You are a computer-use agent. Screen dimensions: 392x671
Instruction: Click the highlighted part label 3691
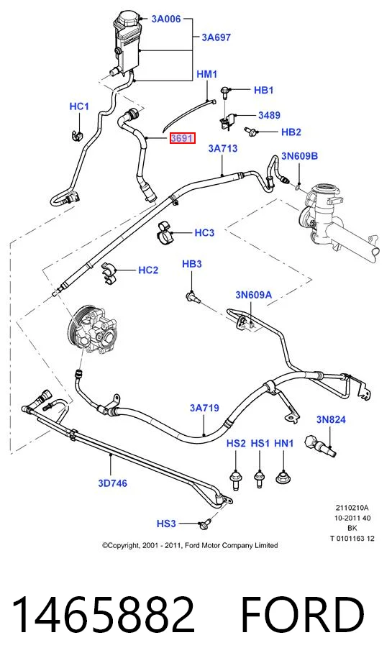pyautogui.click(x=182, y=138)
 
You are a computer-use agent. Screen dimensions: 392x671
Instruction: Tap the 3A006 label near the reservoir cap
pyautogui.click(x=165, y=19)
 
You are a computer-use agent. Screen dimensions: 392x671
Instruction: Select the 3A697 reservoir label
pyautogui.click(x=216, y=37)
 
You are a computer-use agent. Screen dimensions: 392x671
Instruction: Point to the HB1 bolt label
pyautogui.click(x=264, y=90)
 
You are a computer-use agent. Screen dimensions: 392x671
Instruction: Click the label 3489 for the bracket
pyautogui.click(x=269, y=115)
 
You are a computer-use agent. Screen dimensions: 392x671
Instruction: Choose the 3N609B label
pyautogui.click(x=299, y=156)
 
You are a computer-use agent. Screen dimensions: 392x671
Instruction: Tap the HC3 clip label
pyautogui.click(x=204, y=233)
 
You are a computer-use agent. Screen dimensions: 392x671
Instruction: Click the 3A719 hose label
pyautogui.click(x=204, y=408)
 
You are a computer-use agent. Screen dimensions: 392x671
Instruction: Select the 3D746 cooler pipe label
pyautogui.click(x=112, y=483)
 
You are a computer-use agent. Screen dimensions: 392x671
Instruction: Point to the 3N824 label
pyautogui.click(x=331, y=420)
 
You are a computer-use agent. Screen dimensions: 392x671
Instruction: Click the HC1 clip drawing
pyautogui.click(x=76, y=134)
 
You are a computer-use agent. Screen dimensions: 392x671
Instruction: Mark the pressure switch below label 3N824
pyautogui.click(x=321, y=445)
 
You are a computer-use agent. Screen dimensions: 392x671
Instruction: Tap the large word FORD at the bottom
pyautogui.click(x=303, y=615)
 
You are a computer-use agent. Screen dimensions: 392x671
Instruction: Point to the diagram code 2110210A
pyautogui.click(x=352, y=508)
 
